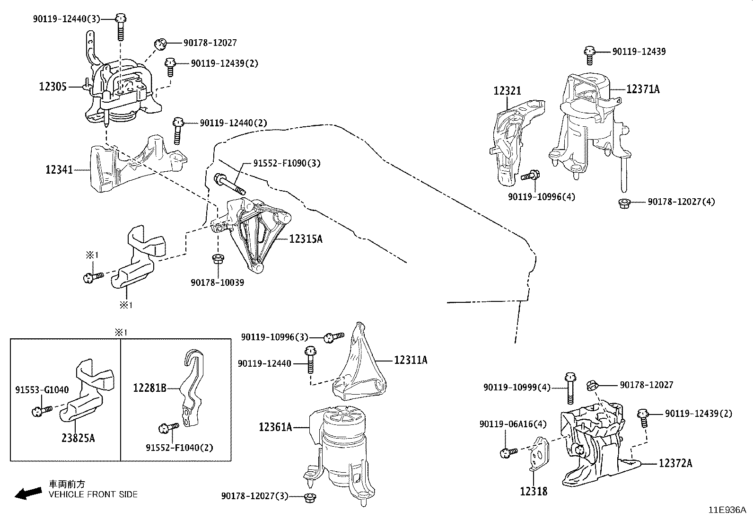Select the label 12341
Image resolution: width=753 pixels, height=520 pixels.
pyautogui.click(x=59, y=169)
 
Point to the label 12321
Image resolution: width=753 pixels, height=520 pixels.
pyautogui.click(x=507, y=91)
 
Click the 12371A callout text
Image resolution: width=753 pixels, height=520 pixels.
pyautogui.click(x=643, y=89)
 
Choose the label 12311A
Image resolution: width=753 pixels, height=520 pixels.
pyautogui.click(x=411, y=361)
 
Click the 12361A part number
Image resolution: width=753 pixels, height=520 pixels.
pyautogui.click(x=275, y=427)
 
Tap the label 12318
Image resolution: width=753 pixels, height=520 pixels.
pyautogui.click(x=534, y=492)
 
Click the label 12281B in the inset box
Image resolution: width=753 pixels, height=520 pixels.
pyautogui.click(x=149, y=388)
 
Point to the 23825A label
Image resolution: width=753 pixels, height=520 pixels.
pyautogui.click(x=78, y=439)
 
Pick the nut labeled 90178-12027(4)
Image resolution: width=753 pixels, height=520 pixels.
pyautogui.click(x=624, y=203)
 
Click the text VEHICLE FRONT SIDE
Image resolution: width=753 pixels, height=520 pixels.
pyautogui.click(x=93, y=495)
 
